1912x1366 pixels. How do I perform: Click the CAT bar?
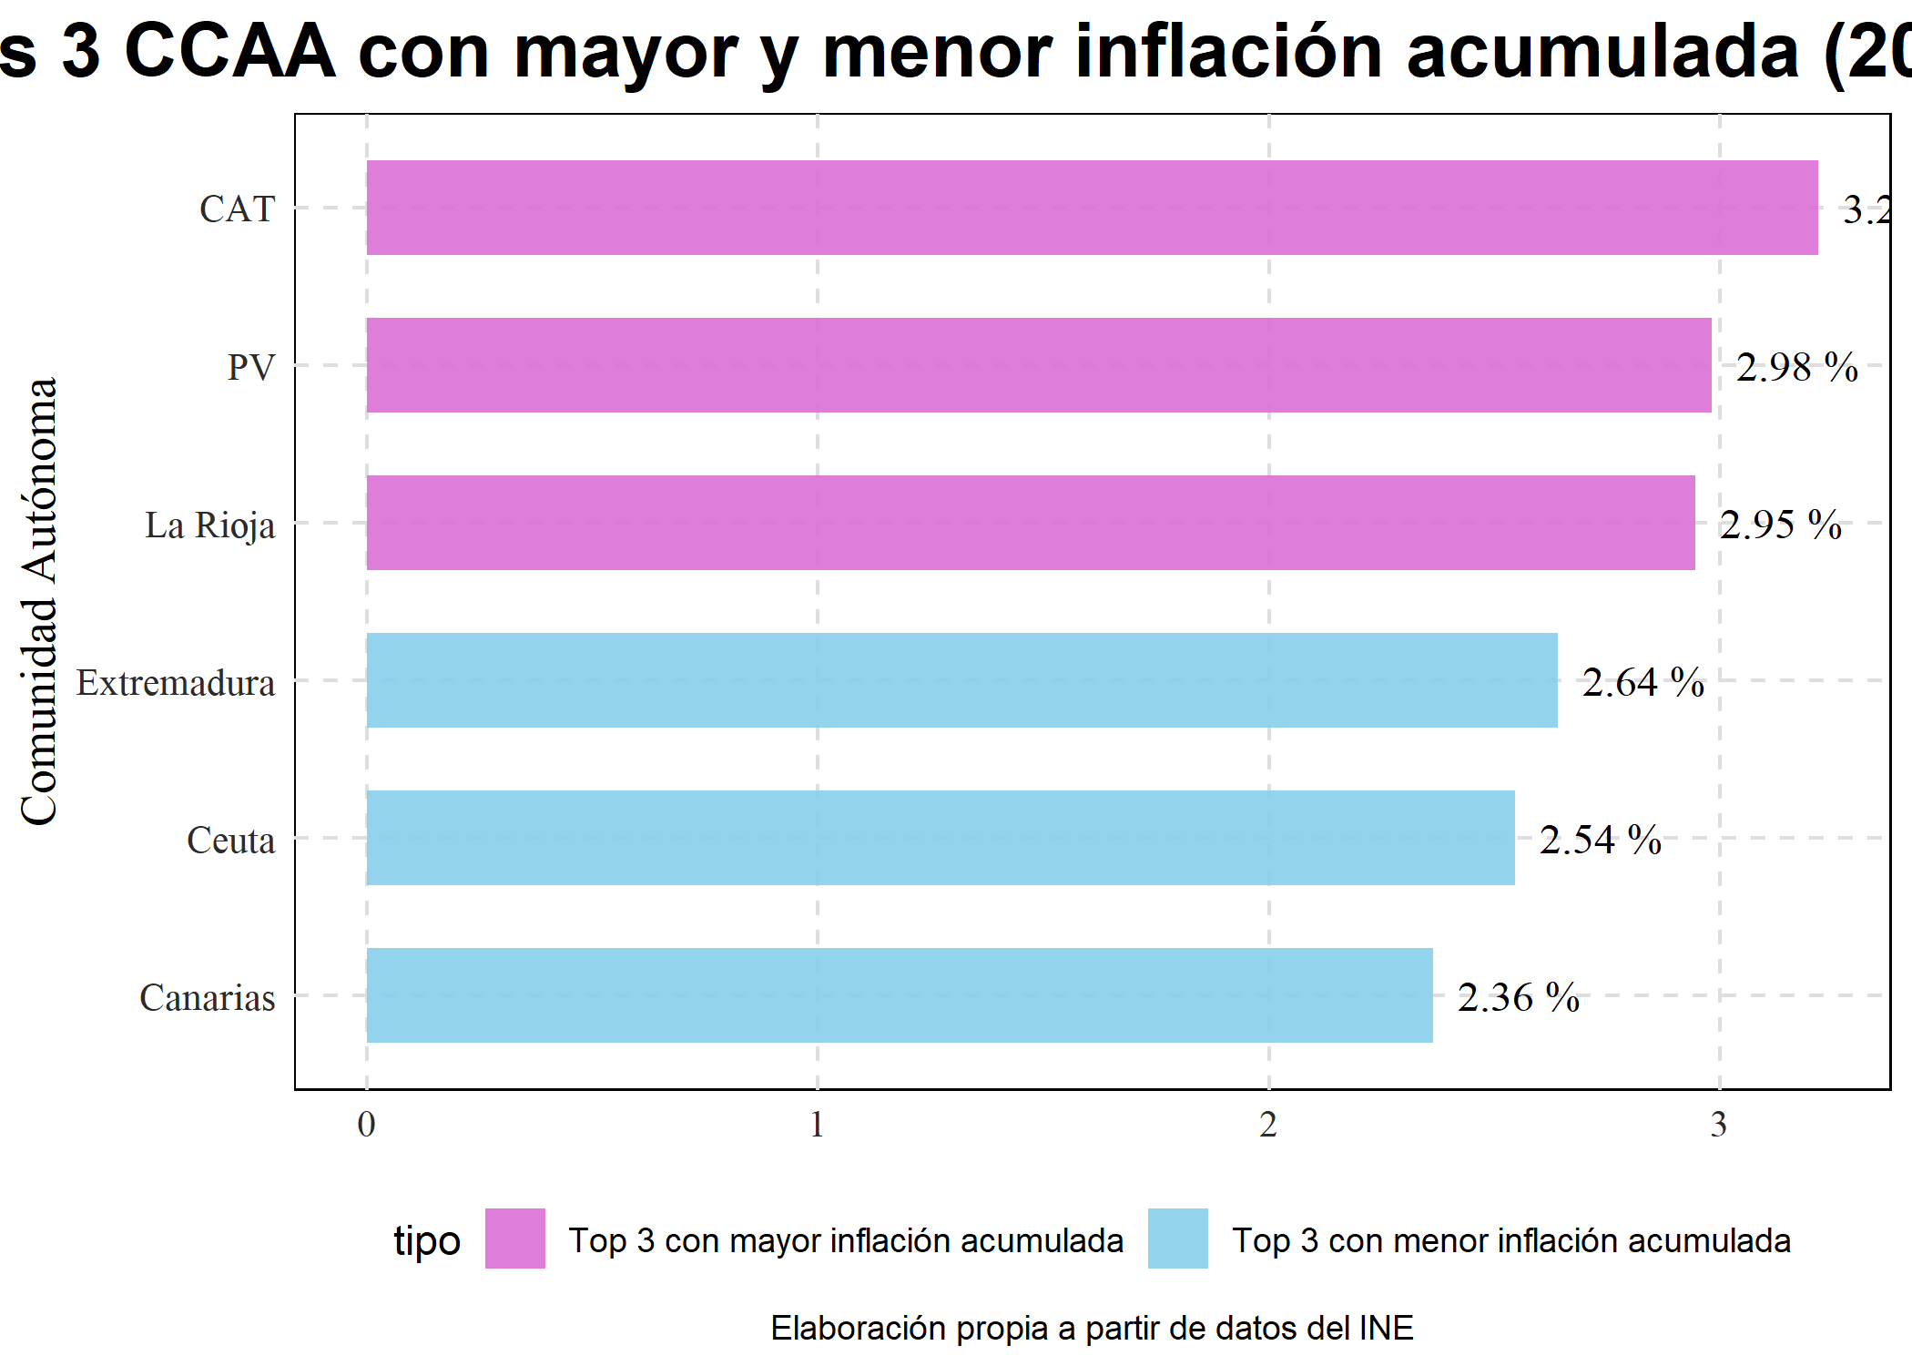click(1092, 208)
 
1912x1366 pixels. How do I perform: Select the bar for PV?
click(1038, 365)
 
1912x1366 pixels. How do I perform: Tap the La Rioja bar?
click(1030, 523)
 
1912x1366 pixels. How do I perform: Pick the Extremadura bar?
click(961, 680)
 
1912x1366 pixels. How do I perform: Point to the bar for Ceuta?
click(940, 838)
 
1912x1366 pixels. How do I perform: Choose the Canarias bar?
click(899, 995)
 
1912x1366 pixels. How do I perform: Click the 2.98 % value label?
click(1796, 367)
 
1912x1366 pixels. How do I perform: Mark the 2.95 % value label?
click(1780, 525)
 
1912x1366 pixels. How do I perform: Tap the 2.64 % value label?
click(1642, 682)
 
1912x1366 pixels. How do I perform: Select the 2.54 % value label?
click(1600, 840)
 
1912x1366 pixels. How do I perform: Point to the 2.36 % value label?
click(1518, 997)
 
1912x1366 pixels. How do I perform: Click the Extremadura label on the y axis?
click(175, 683)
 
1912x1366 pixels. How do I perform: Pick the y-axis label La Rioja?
click(209, 525)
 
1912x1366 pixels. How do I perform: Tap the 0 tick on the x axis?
click(366, 1126)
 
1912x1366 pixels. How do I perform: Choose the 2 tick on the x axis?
click(1268, 1126)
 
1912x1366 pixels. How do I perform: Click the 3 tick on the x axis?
click(1718, 1126)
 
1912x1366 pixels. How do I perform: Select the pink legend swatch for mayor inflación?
click(515, 1239)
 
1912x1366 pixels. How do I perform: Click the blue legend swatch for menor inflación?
click(1178, 1239)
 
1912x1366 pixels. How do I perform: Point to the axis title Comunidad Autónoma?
click(39, 601)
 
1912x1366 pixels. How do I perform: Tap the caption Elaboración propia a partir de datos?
click(1092, 1328)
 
